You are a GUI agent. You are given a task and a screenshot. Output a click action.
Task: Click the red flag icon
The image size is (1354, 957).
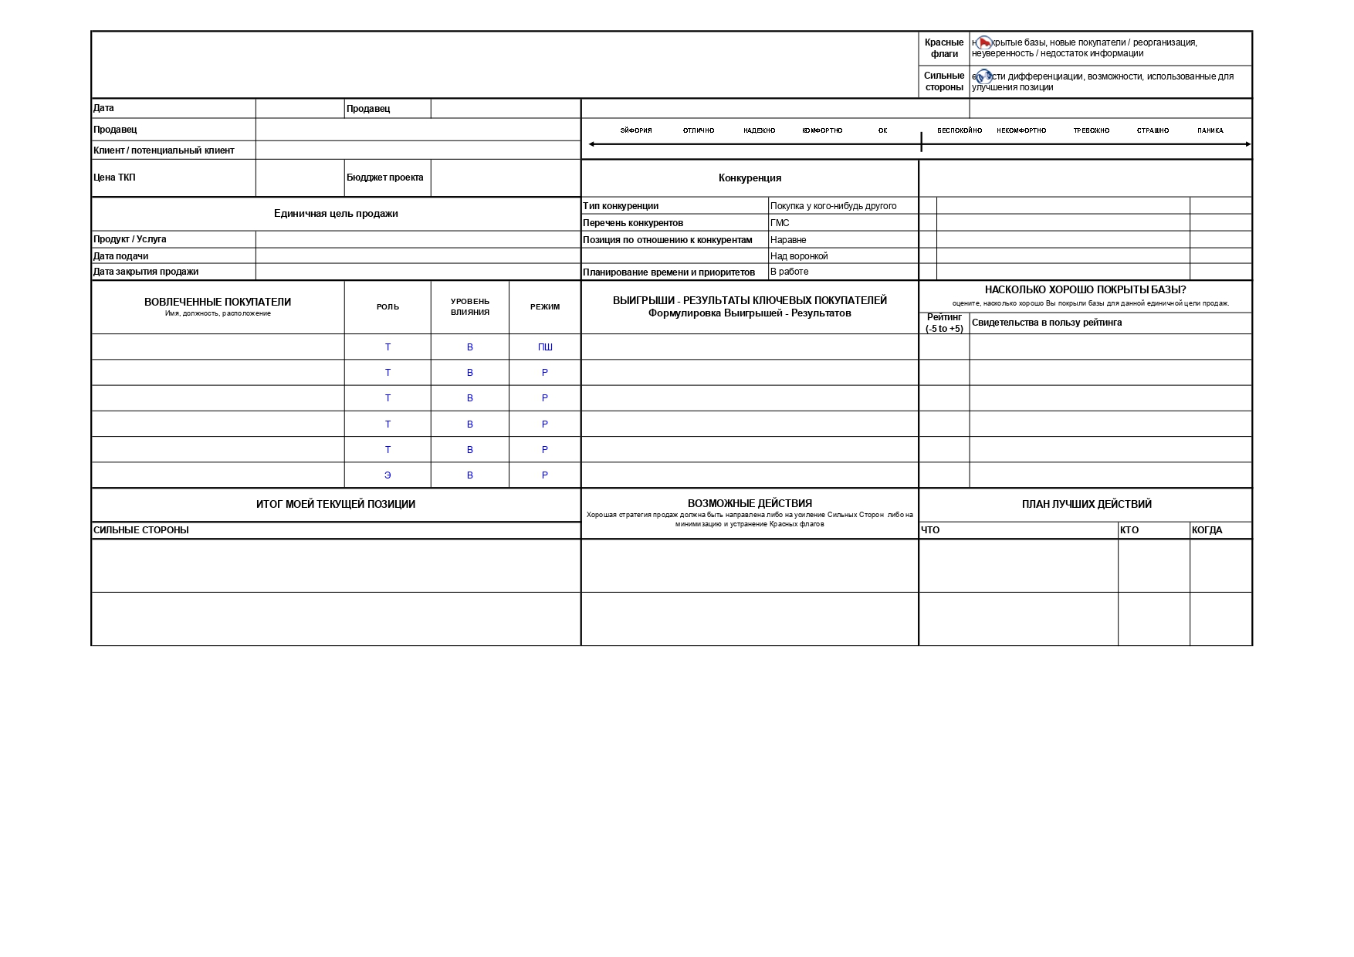coord(983,43)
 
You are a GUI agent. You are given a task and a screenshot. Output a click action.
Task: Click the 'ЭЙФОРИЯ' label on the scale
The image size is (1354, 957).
coord(636,130)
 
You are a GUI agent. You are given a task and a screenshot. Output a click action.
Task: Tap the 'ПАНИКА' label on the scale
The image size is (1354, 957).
coord(1210,130)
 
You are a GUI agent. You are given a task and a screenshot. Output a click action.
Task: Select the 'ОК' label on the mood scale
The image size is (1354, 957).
coord(882,130)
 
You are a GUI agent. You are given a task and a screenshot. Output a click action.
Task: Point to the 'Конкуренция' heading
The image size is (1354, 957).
coord(750,178)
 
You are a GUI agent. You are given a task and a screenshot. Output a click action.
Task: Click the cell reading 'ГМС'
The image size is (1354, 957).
coord(780,223)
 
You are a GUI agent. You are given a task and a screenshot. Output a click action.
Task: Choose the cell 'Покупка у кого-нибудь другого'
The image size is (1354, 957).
coord(833,206)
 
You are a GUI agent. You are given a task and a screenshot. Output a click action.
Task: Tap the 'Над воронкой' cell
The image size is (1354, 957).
coord(798,256)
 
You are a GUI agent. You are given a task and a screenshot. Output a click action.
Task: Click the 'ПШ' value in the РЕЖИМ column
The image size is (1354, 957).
coord(545,347)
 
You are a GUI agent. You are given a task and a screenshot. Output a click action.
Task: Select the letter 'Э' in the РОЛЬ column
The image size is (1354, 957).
coord(388,475)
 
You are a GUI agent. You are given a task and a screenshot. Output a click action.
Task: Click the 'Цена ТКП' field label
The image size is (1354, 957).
coord(114,178)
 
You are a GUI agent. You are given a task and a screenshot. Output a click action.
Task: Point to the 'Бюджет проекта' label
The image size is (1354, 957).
coord(384,178)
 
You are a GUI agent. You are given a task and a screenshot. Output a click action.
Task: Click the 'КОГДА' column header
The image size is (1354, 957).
coord(1207,530)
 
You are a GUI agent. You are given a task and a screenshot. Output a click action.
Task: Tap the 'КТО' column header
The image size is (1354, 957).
coord(1129,530)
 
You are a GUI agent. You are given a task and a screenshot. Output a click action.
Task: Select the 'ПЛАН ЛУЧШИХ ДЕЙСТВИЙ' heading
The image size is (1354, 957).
coord(1086,505)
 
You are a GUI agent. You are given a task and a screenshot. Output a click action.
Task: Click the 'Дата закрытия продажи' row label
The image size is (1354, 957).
coord(146,272)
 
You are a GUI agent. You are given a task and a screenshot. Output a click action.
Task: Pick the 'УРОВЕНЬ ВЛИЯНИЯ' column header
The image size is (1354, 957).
coord(469,306)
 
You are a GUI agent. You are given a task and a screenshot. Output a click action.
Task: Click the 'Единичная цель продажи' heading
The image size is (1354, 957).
coord(336,214)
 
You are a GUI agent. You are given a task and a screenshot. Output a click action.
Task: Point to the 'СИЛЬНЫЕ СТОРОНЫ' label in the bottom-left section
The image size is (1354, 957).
coord(141,530)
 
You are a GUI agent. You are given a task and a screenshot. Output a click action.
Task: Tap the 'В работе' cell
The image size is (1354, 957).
coord(789,272)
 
